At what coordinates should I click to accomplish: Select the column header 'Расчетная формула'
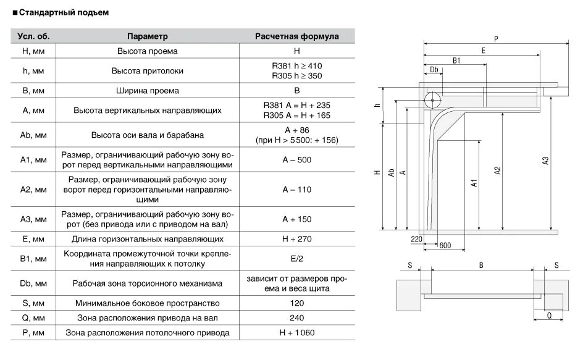(296, 36)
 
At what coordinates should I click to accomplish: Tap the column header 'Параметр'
(148, 36)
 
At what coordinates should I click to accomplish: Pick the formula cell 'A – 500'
(296, 160)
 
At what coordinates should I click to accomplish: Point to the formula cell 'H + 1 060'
(296, 333)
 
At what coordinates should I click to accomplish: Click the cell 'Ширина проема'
(148, 91)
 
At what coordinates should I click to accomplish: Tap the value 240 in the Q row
(296, 318)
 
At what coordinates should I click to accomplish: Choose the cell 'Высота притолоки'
(148, 71)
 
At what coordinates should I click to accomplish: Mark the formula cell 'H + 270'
(296, 238)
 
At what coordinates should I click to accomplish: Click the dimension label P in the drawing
(496, 38)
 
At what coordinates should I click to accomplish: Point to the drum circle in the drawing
(432, 99)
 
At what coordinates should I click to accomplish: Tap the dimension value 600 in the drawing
(445, 245)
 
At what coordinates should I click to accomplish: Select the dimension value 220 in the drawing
(416, 238)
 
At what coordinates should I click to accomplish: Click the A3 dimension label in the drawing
(545, 161)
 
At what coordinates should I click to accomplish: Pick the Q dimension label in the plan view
(549, 314)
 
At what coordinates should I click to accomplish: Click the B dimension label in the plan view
(481, 265)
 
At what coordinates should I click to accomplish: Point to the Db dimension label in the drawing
(434, 69)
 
